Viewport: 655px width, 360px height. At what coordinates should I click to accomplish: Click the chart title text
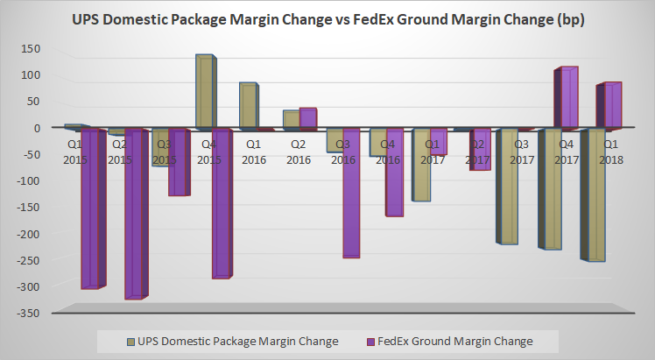point(327,18)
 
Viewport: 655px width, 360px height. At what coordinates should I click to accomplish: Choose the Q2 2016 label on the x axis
point(298,152)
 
